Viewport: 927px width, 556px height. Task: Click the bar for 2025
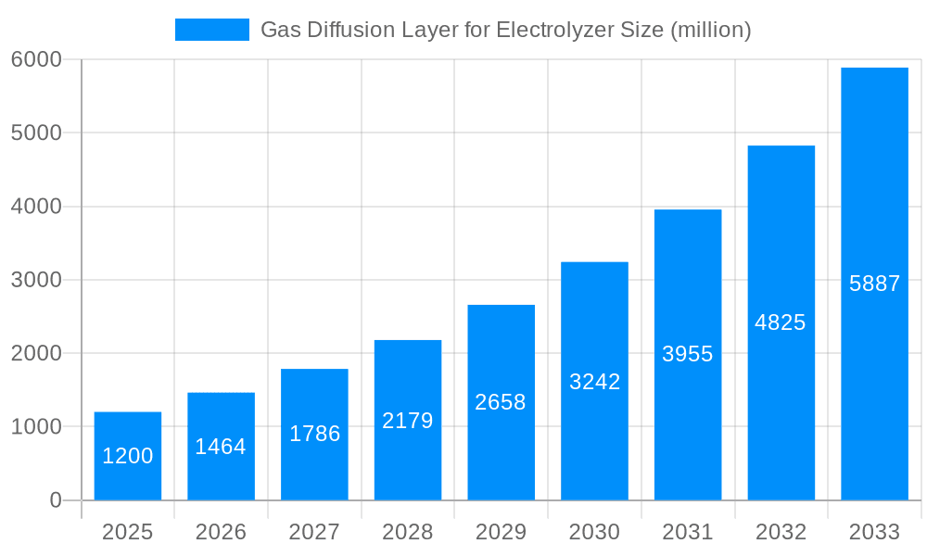tap(128, 456)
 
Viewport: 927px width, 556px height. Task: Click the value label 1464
tap(221, 447)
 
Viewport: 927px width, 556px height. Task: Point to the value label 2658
tap(501, 402)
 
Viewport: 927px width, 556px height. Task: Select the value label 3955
tap(688, 353)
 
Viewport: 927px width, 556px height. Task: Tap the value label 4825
tap(781, 322)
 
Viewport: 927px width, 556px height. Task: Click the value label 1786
tap(314, 434)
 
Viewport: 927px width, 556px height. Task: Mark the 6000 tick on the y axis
tap(36, 59)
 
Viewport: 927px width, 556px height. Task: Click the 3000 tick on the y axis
tap(36, 280)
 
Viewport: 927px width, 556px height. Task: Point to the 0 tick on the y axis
tap(55, 500)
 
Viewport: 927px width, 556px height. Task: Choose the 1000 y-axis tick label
tap(36, 427)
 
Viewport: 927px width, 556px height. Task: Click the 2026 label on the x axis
tap(221, 532)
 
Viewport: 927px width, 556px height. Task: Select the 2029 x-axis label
tap(501, 532)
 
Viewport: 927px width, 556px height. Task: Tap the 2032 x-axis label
tap(781, 532)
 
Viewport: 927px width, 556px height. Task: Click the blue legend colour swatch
tap(212, 30)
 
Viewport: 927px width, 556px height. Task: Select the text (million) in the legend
tap(710, 30)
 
